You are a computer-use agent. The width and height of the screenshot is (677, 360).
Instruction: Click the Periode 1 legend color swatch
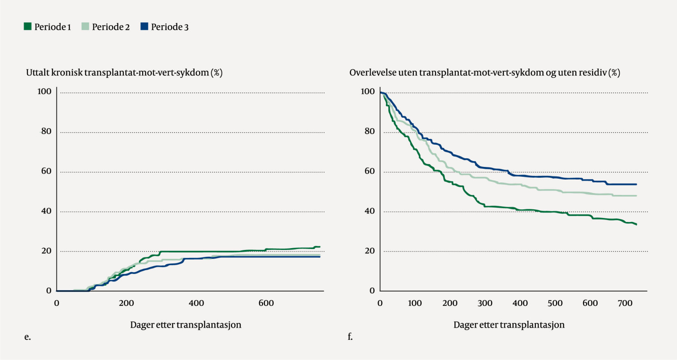pyautogui.click(x=28, y=27)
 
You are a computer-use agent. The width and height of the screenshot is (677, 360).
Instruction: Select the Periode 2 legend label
pyautogui.click(x=111, y=27)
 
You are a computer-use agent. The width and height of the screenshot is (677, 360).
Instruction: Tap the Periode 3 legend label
pyautogui.click(x=170, y=27)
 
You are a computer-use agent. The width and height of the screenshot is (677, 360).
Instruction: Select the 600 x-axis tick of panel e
pyautogui.click(x=266, y=303)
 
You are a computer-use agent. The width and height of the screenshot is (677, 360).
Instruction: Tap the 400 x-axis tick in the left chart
pyautogui.click(x=196, y=303)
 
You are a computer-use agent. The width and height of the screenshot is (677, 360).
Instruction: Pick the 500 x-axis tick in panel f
pyautogui.click(x=555, y=303)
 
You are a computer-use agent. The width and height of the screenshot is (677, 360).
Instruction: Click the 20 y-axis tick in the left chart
pyautogui.click(x=45, y=251)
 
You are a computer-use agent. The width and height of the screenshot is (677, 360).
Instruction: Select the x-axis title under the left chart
pyautogui.click(x=186, y=324)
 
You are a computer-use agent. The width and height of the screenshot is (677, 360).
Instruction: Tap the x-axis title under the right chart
pyautogui.click(x=509, y=324)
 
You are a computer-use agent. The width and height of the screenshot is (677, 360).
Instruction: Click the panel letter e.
pyautogui.click(x=28, y=336)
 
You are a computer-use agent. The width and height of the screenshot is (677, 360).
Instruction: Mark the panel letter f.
pyautogui.click(x=350, y=336)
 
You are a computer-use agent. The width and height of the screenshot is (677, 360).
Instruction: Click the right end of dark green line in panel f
pyautogui.click(x=636, y=224)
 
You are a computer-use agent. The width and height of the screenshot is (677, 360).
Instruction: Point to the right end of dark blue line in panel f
pyautogui.click(x=636, y=184)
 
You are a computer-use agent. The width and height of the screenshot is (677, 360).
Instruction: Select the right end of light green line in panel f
pyautogui.click(x=636, y=196)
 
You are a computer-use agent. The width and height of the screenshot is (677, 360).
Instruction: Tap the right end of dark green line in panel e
pyautogui.click(x=320, y=247)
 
